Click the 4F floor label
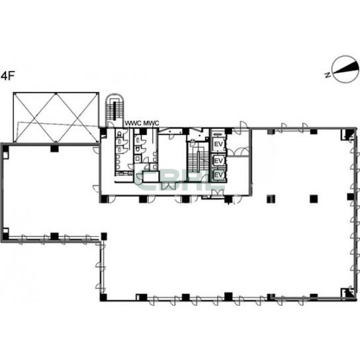[8, 76]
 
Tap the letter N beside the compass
[328, 75]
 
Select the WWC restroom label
[133, 123]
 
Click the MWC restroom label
[151, 123]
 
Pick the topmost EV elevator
[218, 144]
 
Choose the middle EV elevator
[218, 161]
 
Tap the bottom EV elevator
[218, 175]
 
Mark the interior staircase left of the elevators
[198, 161]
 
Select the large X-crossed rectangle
[56, 118]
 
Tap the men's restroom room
[146, 150]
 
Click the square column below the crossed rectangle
[54, 148]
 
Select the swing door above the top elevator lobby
[243, 125]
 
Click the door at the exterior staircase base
[111, 124]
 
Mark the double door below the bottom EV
[217, 193]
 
